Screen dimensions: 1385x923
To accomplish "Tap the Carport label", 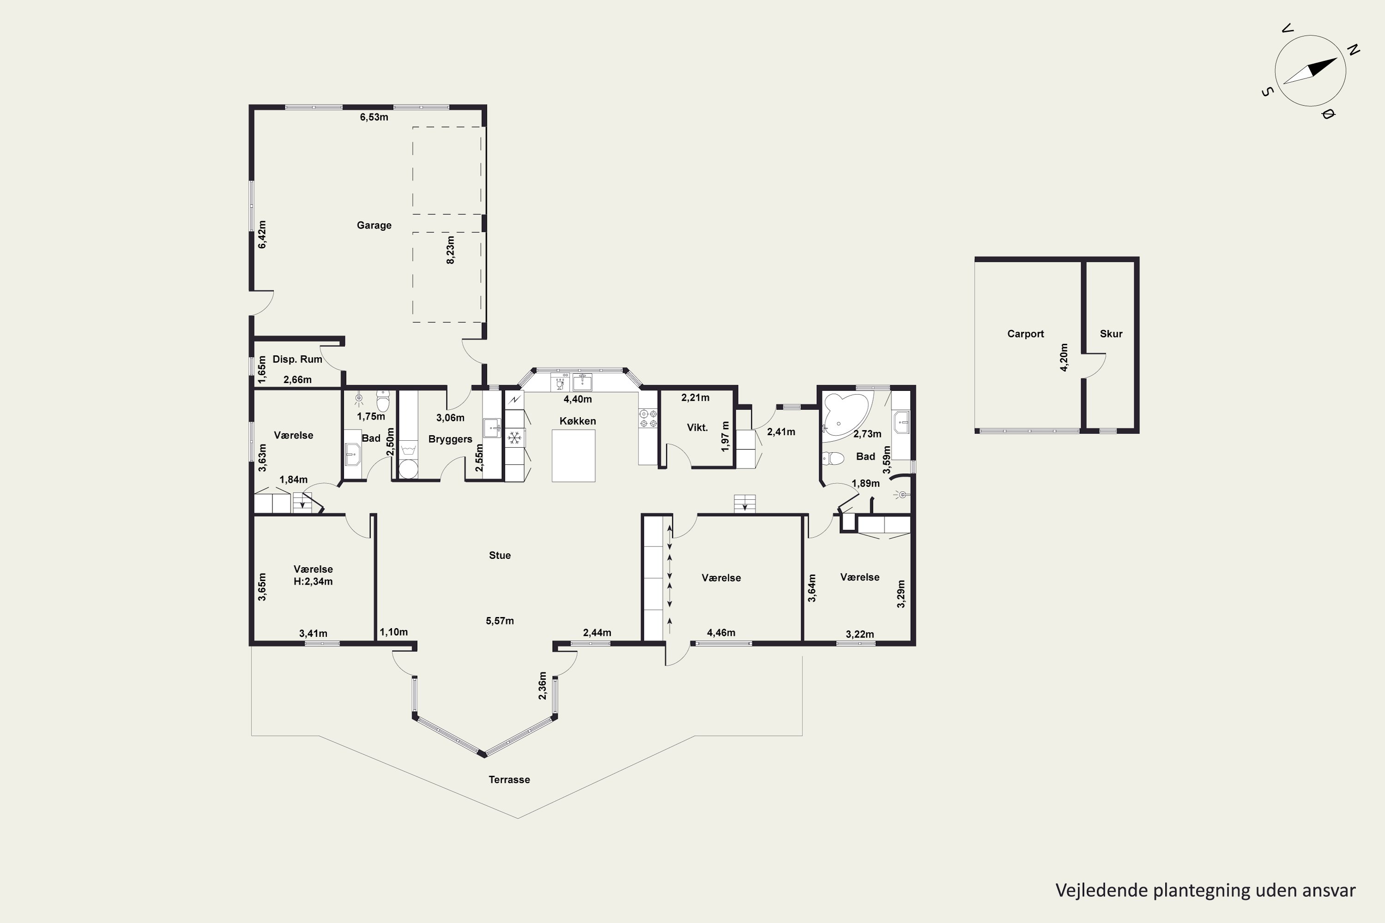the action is point(1025,334).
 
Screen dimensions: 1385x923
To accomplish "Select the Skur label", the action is point(1111,334).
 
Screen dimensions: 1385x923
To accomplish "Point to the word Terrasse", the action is point(509,779).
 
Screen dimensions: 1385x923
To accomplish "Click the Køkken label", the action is point(578,421).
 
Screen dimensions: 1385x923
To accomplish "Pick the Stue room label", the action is point(500,555).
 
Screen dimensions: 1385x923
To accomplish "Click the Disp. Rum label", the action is point(297,359).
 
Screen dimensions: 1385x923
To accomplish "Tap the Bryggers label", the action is point(451,439).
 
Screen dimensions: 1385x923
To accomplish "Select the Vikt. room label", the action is point(697,427).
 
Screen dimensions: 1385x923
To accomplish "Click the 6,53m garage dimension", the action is point(374,117).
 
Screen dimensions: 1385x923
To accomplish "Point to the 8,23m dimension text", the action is point(451,250).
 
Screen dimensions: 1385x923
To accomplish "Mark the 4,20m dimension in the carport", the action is point(1064,357).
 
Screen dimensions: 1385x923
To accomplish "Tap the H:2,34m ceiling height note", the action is point(313,581).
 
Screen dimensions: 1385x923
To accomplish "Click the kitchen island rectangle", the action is point(573,456).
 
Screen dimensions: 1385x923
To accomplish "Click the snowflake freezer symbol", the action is point(515,438).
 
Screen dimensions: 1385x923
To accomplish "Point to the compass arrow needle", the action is point(1310,71).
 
